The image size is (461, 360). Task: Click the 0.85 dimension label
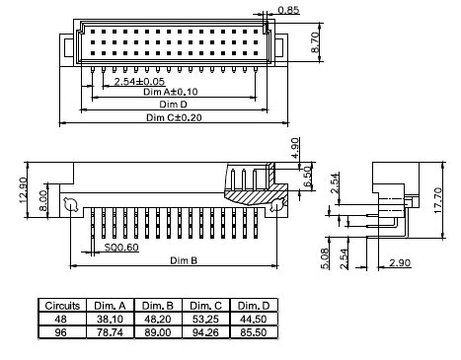coord(288,10)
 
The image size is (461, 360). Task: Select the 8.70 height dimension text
coord(315,42)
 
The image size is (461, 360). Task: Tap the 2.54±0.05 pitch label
coord(139,81)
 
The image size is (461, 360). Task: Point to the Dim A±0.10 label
coord(171,92)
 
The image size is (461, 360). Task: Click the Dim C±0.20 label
coord(174,117)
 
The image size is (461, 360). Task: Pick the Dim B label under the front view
coord(184,260)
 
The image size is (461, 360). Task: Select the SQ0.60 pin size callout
coord(121,247)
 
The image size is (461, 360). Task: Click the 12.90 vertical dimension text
coord(23,190)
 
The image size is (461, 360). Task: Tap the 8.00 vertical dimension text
coord(43,200)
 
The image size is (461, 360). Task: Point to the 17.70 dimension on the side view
coord(437,200)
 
